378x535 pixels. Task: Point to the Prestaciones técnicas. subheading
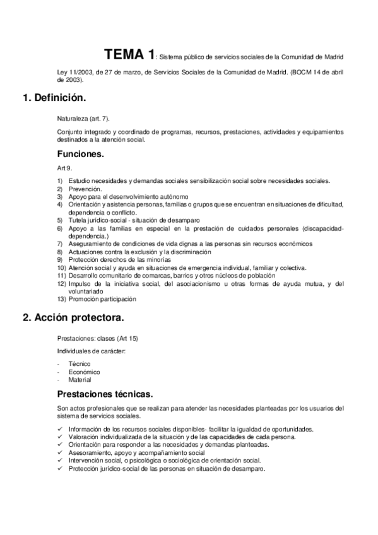point(104,394)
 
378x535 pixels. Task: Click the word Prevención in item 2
point(85,189)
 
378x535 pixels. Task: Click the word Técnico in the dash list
point(80,364)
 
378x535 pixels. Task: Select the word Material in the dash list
point(80,380)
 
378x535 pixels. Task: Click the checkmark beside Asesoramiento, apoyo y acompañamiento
point(59,452)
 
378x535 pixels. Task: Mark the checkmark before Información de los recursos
point(59,428)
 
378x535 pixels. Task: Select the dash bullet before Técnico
point(58,364)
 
